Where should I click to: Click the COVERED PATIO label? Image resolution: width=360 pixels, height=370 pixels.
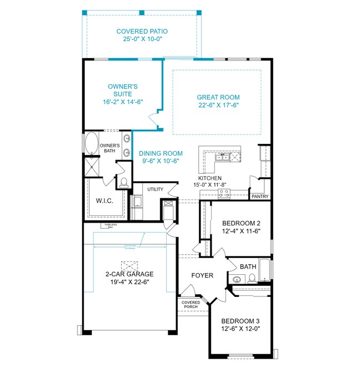tap(142, 32)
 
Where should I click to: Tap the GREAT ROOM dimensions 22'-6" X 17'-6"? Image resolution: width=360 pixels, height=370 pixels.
tap(218, 105)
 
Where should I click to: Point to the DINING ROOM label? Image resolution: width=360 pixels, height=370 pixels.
tap(161, 153)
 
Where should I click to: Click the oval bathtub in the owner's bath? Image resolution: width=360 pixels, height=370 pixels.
tap(91, 143)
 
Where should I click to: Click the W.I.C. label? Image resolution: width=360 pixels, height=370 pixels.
tap(104, 201)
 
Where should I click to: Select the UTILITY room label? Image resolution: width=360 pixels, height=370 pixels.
tap(155, 189)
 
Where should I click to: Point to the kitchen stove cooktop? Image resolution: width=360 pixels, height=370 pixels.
tap(225, 193)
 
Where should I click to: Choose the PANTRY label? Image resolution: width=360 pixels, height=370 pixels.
tap(260, 196)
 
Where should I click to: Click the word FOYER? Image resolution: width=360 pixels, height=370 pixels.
tap(203, 275)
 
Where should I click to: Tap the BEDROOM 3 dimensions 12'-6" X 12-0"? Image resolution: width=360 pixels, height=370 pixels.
tap(241, 328)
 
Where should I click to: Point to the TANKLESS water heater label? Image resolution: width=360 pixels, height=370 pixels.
tap(109, 225)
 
